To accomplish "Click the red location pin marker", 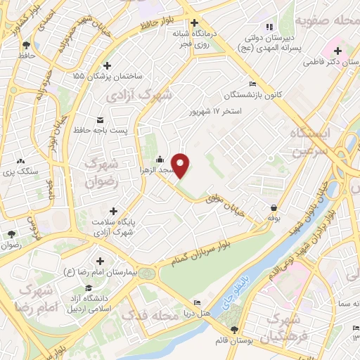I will [x=181, y=165].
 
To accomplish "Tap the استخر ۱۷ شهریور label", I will [x=216, y=112].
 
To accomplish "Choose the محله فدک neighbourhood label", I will [x=147, y=315].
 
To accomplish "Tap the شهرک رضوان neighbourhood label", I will [x=98, y=172].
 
